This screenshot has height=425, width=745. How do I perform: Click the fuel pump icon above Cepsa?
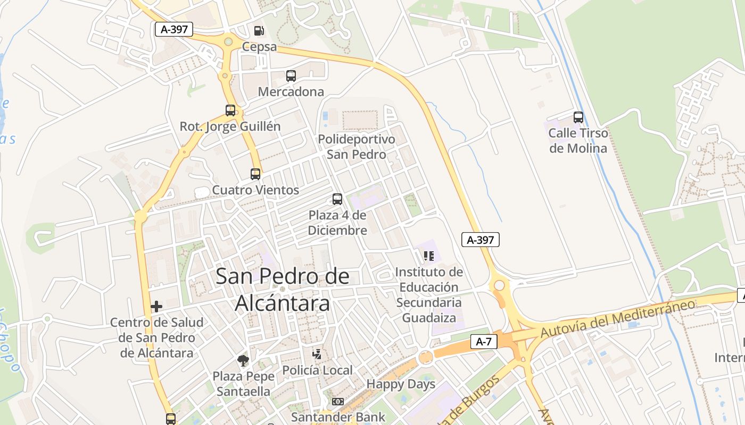259,31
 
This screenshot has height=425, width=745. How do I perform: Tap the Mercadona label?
291,91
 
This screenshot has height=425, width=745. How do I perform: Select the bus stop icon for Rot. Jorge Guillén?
230,110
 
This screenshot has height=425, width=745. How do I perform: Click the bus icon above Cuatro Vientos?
255,174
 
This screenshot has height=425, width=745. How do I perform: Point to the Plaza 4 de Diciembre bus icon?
337,199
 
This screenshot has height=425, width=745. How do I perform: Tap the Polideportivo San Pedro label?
356,147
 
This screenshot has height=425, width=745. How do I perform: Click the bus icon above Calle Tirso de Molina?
578,117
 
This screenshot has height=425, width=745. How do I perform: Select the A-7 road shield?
483,342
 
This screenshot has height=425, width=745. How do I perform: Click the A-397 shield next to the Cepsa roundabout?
173,29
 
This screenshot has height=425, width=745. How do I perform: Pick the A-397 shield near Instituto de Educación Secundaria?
480,240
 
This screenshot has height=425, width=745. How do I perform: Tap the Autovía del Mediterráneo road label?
617,318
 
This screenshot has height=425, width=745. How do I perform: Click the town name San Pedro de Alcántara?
282,290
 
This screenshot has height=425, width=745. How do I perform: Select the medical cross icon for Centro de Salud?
156,307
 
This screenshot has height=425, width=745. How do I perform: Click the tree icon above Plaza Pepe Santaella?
243,361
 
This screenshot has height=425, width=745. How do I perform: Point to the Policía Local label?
317,370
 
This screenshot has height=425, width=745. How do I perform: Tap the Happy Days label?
401,384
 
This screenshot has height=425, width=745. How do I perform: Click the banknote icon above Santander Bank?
337,402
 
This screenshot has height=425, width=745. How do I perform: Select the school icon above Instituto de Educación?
428,256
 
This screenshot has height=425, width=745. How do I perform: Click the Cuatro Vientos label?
255,190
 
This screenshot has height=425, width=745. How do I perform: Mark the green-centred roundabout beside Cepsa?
228,41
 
